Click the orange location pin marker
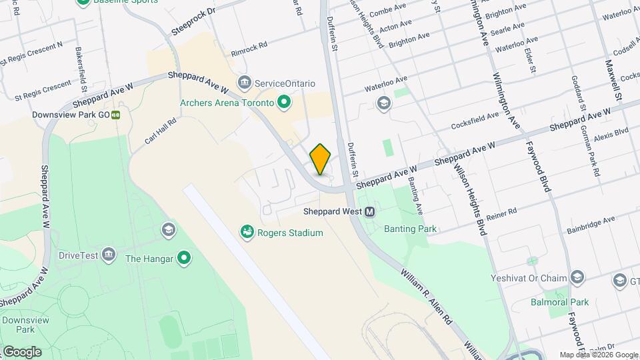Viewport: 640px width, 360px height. coord(321,159)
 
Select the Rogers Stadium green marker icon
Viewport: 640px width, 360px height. coord(247,232)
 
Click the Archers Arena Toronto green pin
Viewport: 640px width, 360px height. coord(284,103)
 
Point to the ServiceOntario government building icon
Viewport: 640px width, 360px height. coord(245,83)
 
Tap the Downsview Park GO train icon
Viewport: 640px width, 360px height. coord(116,115)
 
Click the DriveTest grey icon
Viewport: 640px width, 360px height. coord(109,255)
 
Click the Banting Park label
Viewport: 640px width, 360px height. coord(410,229)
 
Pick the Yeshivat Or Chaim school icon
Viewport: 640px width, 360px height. coord(578,278)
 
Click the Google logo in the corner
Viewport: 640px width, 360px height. coord(21,351)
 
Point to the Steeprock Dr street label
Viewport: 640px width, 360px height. coord(193,21)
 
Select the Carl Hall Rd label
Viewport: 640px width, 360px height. coord(160,131)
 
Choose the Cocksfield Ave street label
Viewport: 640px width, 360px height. coord(475,120)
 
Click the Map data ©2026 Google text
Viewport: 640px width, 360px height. coord(599,355)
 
